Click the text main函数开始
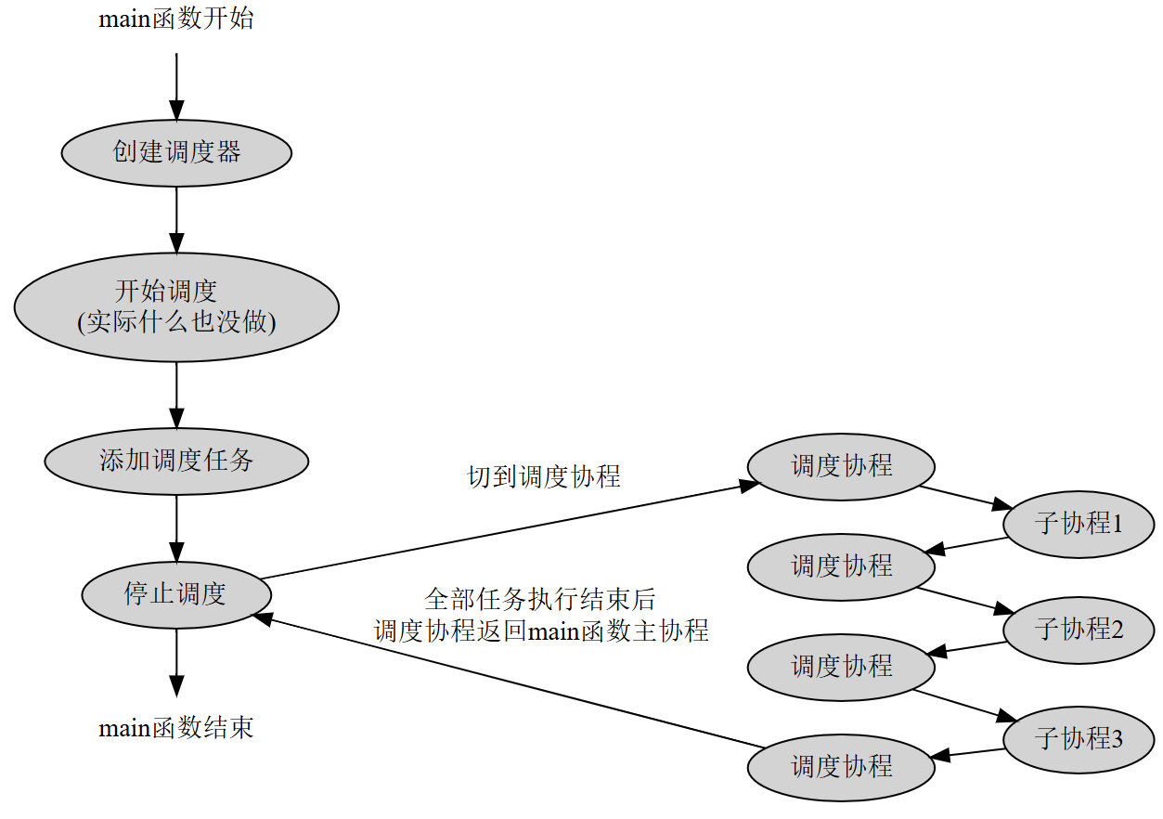tap(175, 19)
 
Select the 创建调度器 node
tap(176, 153)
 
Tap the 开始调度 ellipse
tap(176, 306)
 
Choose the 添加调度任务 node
tap(176, 461)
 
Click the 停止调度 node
tap(176, 594)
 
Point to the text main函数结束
tap(175, 728)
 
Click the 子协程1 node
tap(1079, 524)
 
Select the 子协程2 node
tap(1079, 630)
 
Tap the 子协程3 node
tap(1079, 739)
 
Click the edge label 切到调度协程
tap(543, 477)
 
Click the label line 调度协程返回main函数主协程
tap(541, 631)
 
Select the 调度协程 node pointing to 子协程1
tap(841, 466)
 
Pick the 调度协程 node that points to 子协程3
tap(841, 667)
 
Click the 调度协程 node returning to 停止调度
tap(841, 767)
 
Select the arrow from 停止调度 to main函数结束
tap(176, 661)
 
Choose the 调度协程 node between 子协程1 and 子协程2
tap(841, 566)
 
